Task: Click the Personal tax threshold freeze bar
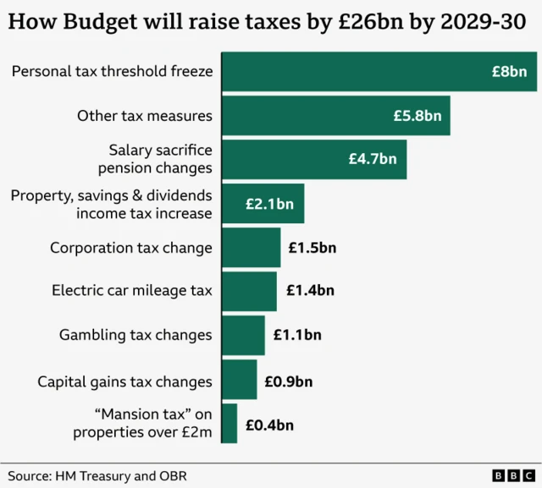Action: [x=379, y=72]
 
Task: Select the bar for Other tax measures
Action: [x=335, y=116]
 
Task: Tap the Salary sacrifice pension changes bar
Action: [x=313, y=159]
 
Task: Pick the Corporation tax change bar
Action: [x=251, y=248]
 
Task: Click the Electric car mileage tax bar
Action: [x=249, y=291]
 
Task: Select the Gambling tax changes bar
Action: [x=243, y=335]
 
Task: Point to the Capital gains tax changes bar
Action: [x=239, y=379]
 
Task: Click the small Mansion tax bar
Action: [x=229, y=423]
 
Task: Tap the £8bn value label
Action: [x=509, y=72]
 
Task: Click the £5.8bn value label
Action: [x=417, y=116]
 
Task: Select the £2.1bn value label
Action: [x=269, y=204]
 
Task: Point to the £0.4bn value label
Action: [x=269, y=425]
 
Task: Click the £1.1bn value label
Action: [x=297, y=335]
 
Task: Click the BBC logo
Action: [x=512, y=475]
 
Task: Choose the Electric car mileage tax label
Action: [x=132, y=291]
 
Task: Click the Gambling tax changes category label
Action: [x=135, y=335]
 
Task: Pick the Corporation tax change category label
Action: [x=131, y=248]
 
